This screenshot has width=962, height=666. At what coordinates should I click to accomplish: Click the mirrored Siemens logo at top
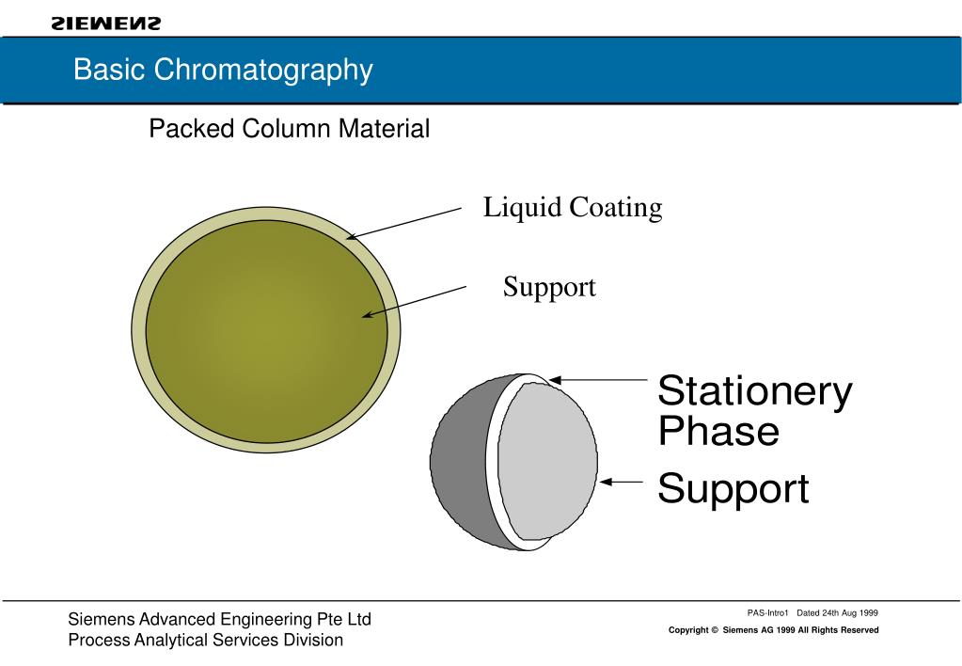(x=106, y=23)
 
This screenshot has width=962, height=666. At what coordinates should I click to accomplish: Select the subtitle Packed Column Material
(x=289, y=129)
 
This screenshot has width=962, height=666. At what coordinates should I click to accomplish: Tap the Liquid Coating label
(x=572, y=208)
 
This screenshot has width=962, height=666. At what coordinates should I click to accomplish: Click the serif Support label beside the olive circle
(x=549, y=287)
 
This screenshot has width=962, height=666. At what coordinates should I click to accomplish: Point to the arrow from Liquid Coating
(x=404, y=224)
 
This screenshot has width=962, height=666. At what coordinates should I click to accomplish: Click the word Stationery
(x=754, y=390)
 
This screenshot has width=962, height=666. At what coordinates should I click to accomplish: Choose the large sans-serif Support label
(x=733, y=490)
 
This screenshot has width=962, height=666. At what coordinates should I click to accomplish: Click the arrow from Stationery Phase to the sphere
(x=598, y=380)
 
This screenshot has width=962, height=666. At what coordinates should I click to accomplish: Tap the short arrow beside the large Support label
(x=621, y=482)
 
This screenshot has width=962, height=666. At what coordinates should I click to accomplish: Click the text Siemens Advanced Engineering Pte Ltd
(x=219, y=619)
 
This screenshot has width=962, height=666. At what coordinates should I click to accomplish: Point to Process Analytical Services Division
(x=205, y=641)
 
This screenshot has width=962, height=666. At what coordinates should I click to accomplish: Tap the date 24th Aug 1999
(x=847, y=612)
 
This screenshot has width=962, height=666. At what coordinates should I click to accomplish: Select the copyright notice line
(x=773, y=630)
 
